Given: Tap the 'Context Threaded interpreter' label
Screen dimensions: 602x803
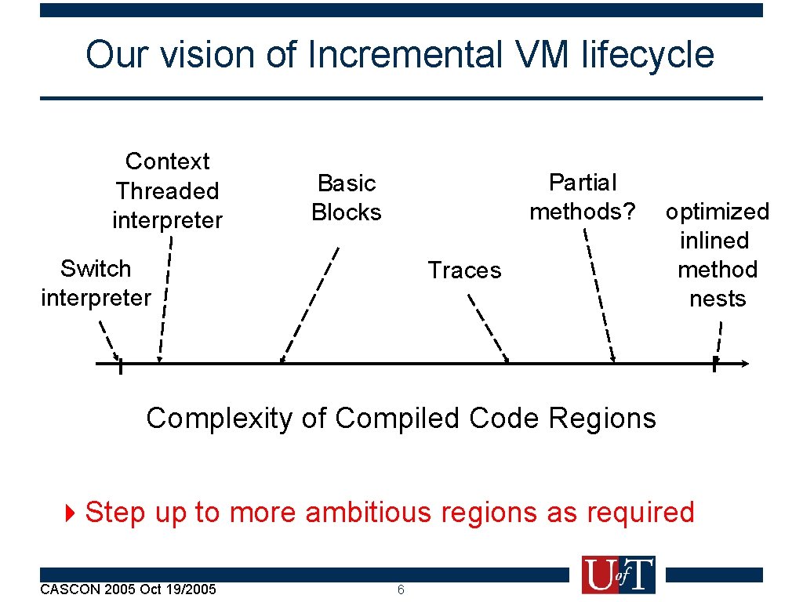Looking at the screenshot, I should [x=167, y=190].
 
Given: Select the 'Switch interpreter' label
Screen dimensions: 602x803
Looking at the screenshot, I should [x=96, y=283].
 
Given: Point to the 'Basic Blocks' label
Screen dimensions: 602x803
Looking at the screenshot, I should [x=347, y=198].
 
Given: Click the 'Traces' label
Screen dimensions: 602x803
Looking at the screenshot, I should [x=464, y=270].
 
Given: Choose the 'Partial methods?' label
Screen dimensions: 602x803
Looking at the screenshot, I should [x=583, y=197].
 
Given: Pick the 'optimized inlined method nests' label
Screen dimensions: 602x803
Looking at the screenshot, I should [x=717, y=255].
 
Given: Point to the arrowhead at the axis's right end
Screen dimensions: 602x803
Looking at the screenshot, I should [x=744, y=363].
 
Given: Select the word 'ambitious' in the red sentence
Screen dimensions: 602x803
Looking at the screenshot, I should [x=369, y=513].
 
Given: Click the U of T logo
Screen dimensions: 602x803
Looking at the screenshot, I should [x=618, y=575].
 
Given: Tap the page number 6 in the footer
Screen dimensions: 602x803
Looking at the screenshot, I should [x=401, y=589].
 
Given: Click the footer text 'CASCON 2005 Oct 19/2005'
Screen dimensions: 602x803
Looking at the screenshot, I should [x=128, y=589].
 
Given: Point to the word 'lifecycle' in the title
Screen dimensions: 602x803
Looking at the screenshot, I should [x=648, y=56].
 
